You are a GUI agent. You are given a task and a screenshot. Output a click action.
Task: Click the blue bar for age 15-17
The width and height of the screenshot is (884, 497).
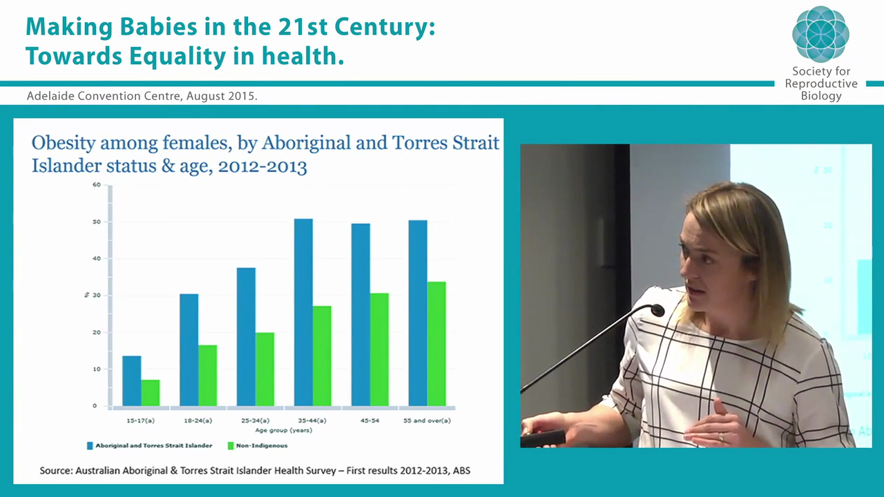tap(131, 380)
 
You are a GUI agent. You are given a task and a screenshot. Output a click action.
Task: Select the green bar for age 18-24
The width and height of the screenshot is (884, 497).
tap(207, 375)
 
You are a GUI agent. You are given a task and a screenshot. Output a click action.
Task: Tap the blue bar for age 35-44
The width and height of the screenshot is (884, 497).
tap(303, 312)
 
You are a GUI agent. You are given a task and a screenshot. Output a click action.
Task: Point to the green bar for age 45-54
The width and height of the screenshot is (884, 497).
tap(379, 349)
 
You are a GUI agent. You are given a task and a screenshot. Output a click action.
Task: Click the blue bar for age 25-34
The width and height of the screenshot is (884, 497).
tap(246, 336)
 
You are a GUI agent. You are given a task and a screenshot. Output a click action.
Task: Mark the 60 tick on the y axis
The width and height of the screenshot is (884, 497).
tap(97, 185)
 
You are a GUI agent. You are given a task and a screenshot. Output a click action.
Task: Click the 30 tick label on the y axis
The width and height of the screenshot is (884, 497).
tap(97, 295)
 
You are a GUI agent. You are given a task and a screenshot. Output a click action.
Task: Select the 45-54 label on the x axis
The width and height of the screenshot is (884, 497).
tap(369, 420)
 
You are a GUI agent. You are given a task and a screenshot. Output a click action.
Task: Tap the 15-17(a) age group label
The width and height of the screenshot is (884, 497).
tap(140, 420)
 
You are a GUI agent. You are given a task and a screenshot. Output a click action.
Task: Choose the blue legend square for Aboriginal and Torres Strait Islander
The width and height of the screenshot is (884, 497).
tap(90, 446)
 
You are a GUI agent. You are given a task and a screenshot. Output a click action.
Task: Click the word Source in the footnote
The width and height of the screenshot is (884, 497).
tap(55, 471)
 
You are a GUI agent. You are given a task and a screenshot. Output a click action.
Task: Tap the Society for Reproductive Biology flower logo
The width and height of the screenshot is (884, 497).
tap(820, 34)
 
